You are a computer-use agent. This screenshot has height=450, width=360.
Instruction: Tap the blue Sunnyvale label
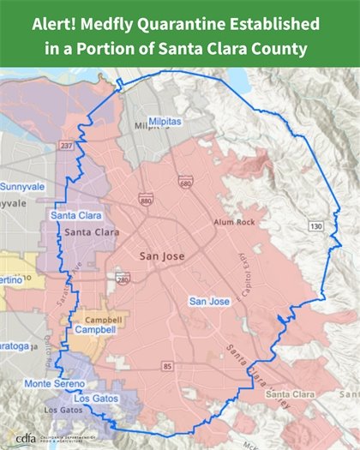click(22, 185)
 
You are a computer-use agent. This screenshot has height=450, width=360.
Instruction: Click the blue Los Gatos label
click(92, 399)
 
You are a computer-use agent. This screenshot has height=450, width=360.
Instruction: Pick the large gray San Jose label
click(162, 255)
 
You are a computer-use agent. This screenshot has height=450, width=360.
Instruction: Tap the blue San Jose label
click(209, 301)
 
